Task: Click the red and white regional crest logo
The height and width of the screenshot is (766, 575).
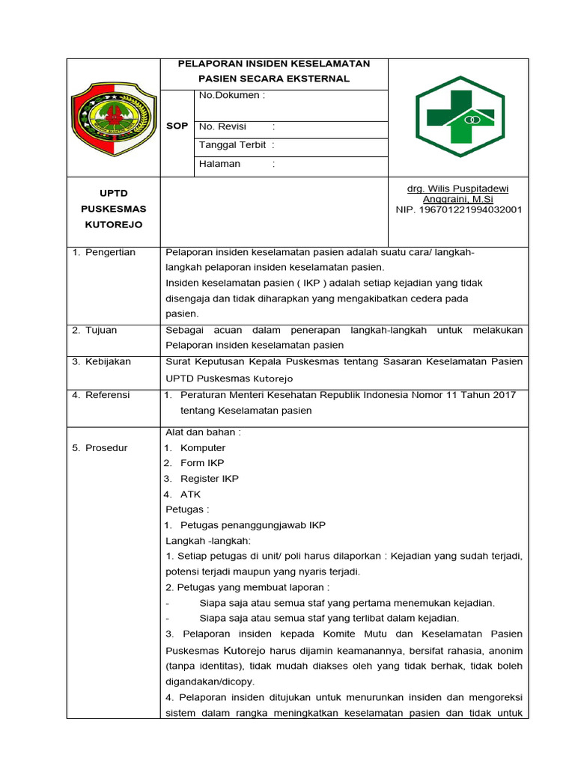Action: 113,119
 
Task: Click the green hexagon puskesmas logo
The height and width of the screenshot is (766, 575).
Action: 460,117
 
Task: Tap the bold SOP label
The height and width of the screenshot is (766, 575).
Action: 177,126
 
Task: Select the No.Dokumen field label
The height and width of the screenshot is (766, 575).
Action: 231,96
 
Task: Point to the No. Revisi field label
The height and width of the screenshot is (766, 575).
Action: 223,126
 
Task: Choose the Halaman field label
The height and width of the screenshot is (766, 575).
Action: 220,164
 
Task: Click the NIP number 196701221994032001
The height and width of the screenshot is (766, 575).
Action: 459,210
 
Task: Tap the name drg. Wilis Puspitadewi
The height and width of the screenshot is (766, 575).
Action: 457,189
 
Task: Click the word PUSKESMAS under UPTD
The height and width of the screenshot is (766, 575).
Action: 113,209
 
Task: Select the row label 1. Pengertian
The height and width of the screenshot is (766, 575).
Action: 104,252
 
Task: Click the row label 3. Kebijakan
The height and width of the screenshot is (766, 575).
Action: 101,361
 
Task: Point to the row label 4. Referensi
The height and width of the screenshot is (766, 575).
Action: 101,395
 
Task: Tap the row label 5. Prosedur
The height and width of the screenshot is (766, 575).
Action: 100,448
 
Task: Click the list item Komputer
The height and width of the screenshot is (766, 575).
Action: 202,448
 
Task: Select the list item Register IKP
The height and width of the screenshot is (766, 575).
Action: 210,479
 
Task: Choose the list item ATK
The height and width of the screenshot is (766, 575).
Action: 190,494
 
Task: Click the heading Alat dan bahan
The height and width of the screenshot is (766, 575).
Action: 203,432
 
